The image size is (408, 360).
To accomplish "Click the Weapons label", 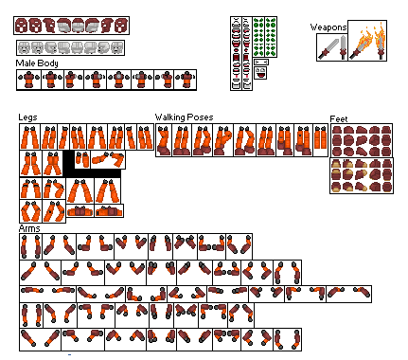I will pos(328,27).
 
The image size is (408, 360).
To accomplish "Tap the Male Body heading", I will pos(37,63).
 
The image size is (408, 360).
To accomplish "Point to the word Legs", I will pos(27,118).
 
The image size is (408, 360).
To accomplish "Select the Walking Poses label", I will pos(184,118).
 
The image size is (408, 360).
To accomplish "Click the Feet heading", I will pos(339,119).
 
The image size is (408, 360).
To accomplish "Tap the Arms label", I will pos(28,229).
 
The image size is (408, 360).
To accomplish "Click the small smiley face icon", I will pos(259,72).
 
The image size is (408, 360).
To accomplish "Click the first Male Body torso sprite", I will pos(26,81).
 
